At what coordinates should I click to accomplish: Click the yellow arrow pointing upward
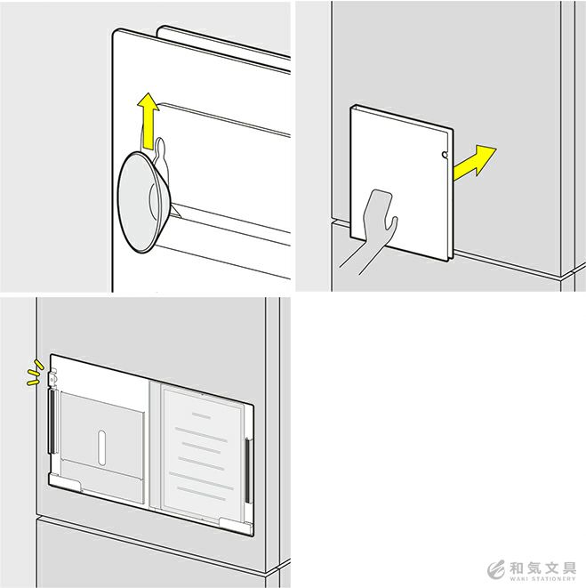coord(149,121)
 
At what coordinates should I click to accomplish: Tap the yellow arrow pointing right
coord(474,163)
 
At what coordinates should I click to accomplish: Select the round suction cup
coord(144,202)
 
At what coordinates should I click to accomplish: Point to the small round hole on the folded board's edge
coord(445,155)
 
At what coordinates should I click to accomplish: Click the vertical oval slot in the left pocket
coord(101,448)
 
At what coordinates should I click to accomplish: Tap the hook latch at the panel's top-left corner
coord(52,377)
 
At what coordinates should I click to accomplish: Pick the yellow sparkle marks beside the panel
coord(35,373)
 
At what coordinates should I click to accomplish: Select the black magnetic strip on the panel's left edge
coord(52,421)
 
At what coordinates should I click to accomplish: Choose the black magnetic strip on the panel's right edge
coord(248,471)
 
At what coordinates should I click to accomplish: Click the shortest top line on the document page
coord(201,415)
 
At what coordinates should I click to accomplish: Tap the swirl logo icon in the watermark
coord(496,570)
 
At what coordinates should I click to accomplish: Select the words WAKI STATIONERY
coord(542,579)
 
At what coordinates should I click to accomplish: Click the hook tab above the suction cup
coord(160,149)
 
